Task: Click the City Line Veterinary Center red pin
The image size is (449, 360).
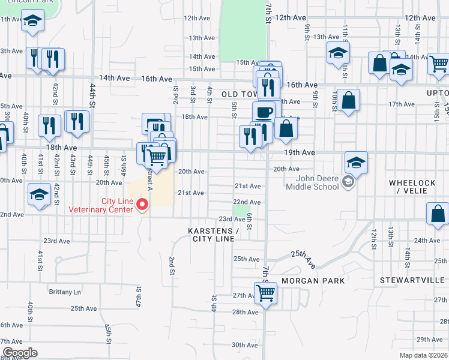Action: pos(142,205)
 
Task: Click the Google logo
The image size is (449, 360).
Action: pos(20,353)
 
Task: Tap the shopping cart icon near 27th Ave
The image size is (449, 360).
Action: pos(265,293)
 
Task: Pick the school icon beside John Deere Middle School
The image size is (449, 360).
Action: pos(356,162)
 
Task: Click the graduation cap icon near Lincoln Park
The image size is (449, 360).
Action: pos(32,22)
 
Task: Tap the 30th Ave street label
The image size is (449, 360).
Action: pos(245,344)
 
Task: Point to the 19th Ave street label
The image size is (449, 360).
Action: pos(300,153)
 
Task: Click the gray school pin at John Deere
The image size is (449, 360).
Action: pos(348,181)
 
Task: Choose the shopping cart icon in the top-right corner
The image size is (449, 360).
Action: pos(439,62)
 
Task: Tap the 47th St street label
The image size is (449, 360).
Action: pos(139,296)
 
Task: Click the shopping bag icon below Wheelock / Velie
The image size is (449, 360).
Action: pos(438,214)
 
